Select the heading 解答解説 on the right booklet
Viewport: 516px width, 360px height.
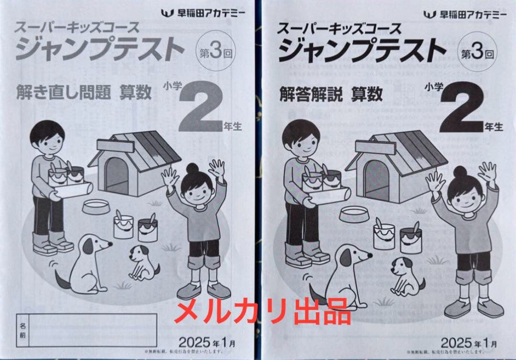[x=311, y=94]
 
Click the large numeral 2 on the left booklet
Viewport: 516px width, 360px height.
[x=200, y=108]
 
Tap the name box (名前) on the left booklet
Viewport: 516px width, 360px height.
[x=86, y=329]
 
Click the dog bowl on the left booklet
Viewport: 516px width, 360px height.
[x=95, y=206]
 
